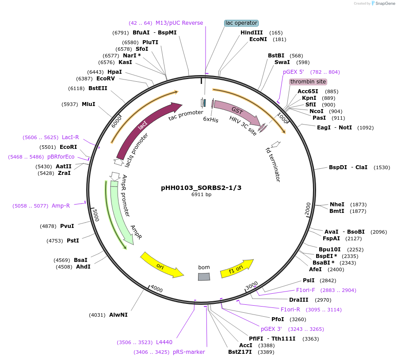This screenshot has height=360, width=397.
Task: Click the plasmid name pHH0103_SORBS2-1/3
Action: tap(201, 187)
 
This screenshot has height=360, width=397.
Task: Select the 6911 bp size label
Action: tap(201, 194)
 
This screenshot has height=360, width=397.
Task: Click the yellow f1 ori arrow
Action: tap(240, 268)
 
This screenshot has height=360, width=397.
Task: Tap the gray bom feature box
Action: tap(204, 277)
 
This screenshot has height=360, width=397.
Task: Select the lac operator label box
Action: tap(241, 23)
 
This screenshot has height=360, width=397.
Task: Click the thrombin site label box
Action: tap(308, 82)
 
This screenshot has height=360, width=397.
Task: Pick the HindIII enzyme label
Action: tap(252, 33)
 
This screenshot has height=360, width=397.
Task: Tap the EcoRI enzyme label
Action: tap(68, 147)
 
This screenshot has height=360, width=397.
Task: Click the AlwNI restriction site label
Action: tap(118, 315)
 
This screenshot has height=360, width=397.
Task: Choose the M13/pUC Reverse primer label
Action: tap(179, 23)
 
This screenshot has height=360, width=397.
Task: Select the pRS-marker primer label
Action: tap(189, 352)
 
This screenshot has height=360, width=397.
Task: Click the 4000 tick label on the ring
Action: tap(157, 289)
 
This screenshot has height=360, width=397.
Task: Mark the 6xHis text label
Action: tap(211, 120)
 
